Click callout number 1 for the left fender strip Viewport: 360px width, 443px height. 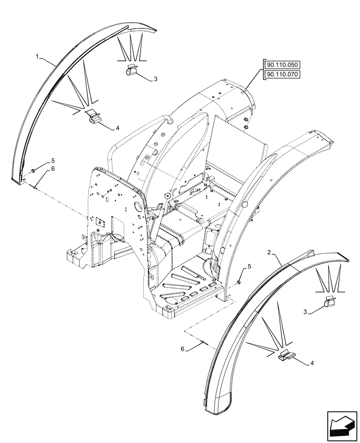click(38, 57)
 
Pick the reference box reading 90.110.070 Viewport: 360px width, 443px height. click(282, 74)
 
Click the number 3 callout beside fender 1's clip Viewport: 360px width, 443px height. click(155, 79)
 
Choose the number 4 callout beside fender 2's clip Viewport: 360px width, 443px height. click(313, 363)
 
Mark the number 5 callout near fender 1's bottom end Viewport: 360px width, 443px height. click(52, 160)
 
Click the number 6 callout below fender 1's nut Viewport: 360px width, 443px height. click(52, 169)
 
